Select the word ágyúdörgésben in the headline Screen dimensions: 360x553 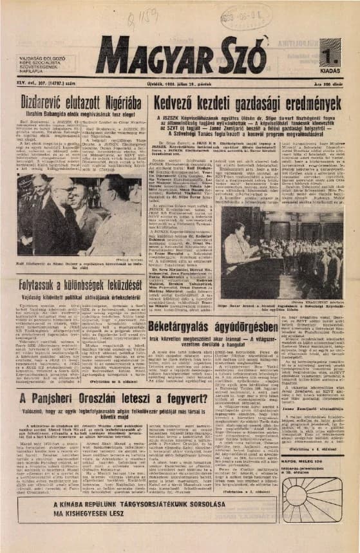pos(243,326)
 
